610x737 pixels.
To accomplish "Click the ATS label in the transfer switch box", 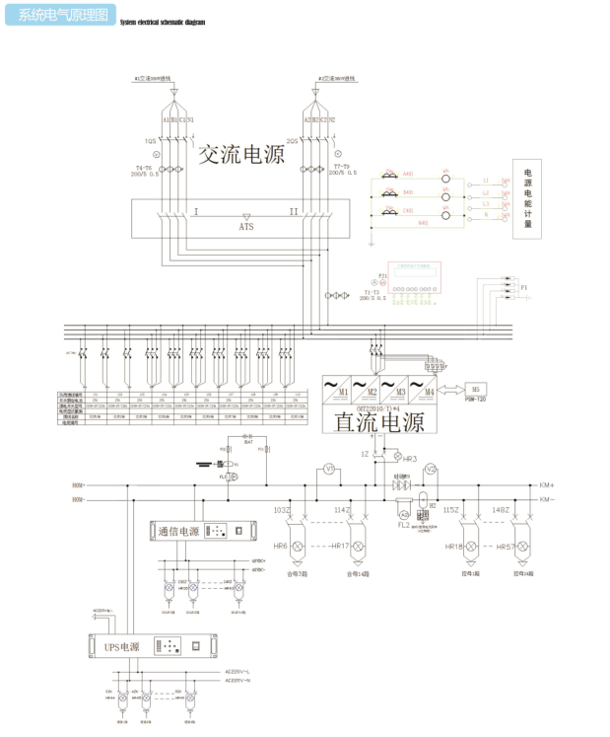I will click(246, 226).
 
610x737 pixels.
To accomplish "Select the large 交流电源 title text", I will click(241, 155).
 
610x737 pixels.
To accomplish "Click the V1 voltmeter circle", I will click(331, 471).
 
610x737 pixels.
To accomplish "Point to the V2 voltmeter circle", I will click(430, 469).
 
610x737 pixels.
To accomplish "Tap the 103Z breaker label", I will click(282, 509).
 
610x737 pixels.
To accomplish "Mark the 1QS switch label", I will click(151, 141).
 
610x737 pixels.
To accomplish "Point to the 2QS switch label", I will click(292, 141).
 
